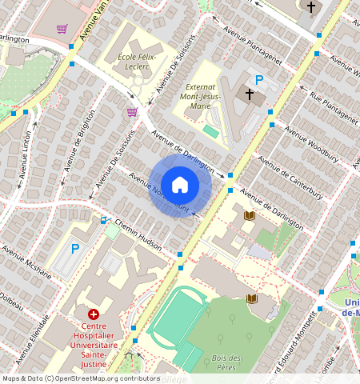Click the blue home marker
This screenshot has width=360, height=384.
click(x=180, y=185)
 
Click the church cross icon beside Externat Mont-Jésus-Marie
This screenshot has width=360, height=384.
click(x=250, y=94)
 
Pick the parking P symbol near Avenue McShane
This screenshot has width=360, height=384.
click(x=76, y=249)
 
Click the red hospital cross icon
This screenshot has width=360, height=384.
click(x=94, y=315)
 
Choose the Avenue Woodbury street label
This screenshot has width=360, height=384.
click(x=311, y=148)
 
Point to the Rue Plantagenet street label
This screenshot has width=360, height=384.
click(x=334, y=109)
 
